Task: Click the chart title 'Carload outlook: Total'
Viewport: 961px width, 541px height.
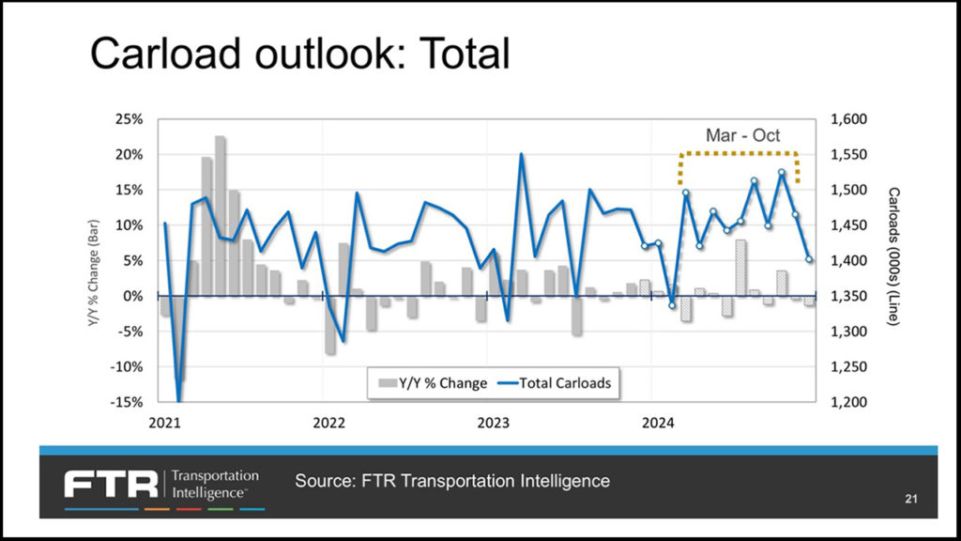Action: tap(299, 54)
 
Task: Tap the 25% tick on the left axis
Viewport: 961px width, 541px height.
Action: tap(129, 119)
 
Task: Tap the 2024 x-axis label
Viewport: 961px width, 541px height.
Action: tap(653, 422)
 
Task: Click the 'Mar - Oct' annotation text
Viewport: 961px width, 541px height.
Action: tap(742, 135)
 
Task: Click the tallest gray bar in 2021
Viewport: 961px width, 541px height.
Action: tap(220, 216)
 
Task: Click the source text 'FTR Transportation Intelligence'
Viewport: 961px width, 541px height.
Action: tap(452, 481)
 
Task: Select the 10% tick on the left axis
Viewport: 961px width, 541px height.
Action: tap(129, 225)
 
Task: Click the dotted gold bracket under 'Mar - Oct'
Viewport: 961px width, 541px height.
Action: tap(739, 152)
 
